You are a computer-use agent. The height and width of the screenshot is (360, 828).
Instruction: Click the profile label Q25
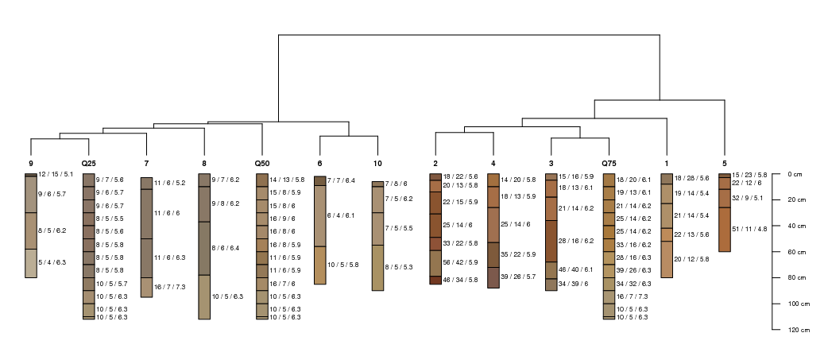click(x=89, y=164)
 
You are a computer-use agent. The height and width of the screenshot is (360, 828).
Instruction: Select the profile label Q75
click(x=609, y=164)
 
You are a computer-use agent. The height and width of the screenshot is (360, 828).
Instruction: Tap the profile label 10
click(x=377, y=164)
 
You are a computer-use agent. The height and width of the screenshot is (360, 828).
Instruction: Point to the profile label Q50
click(x=262, y=164)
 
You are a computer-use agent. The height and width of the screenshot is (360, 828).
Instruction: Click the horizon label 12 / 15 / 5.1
click(x=56, y=174)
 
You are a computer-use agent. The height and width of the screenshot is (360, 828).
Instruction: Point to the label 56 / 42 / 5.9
click(x=460, y=262)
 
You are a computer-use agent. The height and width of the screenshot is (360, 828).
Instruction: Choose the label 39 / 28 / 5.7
click(x=518, y=277)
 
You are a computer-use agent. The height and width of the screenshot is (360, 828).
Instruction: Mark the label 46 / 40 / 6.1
click(x=575, y=269)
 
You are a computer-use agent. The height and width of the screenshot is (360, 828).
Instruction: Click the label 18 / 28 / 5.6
click(x=691, y=179)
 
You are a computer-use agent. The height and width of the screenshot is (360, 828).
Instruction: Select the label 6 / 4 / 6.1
click(x=342, y=215)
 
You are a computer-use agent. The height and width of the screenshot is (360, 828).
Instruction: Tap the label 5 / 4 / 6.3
click(x=52, y=262)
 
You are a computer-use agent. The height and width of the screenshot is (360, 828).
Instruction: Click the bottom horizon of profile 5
click(x=725, y=230)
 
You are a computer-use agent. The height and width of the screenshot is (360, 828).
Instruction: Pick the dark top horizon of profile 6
click(x=320, y=180)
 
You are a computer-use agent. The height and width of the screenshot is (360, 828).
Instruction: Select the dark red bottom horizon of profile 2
click(x=435, y=281)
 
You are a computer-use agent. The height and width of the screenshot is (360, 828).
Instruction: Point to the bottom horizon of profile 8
click(x=204, y=296)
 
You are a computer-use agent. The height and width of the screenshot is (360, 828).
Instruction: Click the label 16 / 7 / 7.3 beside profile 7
click(x=169, y=287)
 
